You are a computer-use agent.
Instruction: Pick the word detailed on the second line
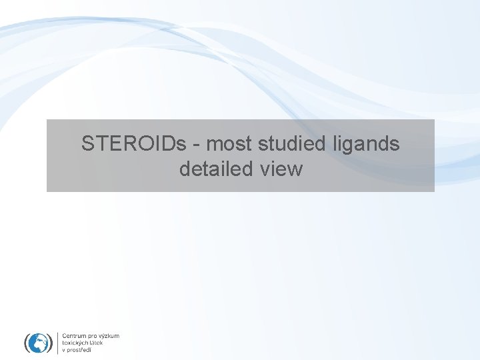coord(217,169)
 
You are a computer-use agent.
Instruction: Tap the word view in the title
coord(281,169)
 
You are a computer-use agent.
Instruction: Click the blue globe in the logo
coord(39,343)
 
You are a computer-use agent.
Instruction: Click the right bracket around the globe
coord(51,343)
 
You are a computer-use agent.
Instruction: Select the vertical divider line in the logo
coord(58,343)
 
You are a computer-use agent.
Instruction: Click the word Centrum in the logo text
coord(74,336)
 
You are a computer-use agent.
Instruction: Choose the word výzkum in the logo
coord(110,337)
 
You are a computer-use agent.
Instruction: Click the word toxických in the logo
coord(75,343)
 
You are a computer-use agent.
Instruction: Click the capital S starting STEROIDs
coord(87,143)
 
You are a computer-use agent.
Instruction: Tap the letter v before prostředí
coord(63,350)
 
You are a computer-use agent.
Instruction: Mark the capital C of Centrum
coord(64,336)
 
